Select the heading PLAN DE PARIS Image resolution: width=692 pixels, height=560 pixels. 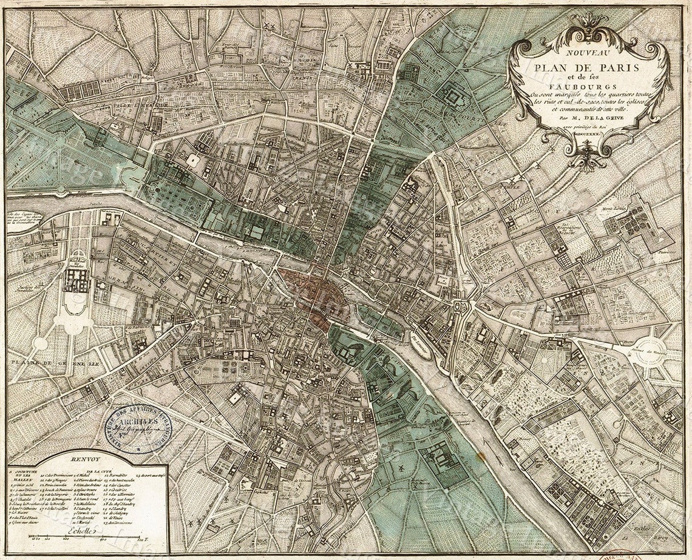586,67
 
